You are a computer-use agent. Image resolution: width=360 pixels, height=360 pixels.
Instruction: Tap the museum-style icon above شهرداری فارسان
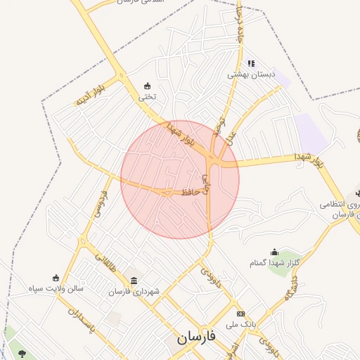tap(134, 281)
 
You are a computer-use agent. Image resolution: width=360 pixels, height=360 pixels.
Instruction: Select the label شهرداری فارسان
tap(134, 292)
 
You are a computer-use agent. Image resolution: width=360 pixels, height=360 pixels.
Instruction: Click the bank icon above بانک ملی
tap(241, 314)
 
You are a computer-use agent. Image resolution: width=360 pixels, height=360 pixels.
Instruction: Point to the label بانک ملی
tap(237, 325)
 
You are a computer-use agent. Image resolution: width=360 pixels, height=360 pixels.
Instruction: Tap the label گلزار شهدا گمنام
tap(274, 262)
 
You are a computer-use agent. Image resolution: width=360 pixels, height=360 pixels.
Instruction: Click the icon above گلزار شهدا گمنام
tap(274, 252)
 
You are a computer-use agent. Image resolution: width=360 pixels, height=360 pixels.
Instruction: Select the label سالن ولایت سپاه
tap(56, 288)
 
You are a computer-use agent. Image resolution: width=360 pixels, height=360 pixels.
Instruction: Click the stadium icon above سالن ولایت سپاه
tap(56, 278)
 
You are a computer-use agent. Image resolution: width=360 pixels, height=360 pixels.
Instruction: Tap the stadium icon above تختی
tap(147, 86)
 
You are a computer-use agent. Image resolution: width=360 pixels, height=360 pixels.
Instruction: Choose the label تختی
tap(147, 97)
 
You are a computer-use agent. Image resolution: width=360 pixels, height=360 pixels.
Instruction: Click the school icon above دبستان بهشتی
tap(251, 63)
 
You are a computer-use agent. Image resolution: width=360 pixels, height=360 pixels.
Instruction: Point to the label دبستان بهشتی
tap(251, 74)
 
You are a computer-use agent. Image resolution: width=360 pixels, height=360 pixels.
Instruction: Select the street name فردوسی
tap(101, 202)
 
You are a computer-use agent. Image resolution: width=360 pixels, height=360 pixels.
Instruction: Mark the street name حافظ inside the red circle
tap(192, 191)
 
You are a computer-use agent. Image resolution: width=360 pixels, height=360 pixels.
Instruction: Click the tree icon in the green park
tap(22, 354)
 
